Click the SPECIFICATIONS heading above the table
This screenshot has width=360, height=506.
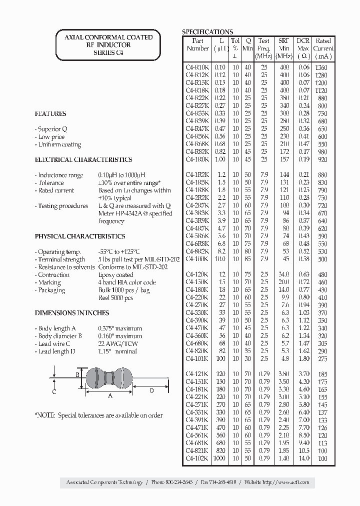[207, 31]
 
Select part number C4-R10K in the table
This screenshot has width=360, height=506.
[197, 67]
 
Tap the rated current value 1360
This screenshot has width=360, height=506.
[322, 67]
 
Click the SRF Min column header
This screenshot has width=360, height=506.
[284, 48]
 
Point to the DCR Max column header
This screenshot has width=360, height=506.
[303, 48]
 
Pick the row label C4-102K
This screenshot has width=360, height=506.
[197, 458]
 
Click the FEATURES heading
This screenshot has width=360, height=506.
[50, 114]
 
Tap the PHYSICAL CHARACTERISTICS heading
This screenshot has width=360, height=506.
[80, 236]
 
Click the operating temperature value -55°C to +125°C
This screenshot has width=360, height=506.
[119, 252]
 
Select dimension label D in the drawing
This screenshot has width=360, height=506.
[152, 390]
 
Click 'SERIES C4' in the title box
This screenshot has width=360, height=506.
[108, 52]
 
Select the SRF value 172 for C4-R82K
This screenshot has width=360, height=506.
[284, 151]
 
